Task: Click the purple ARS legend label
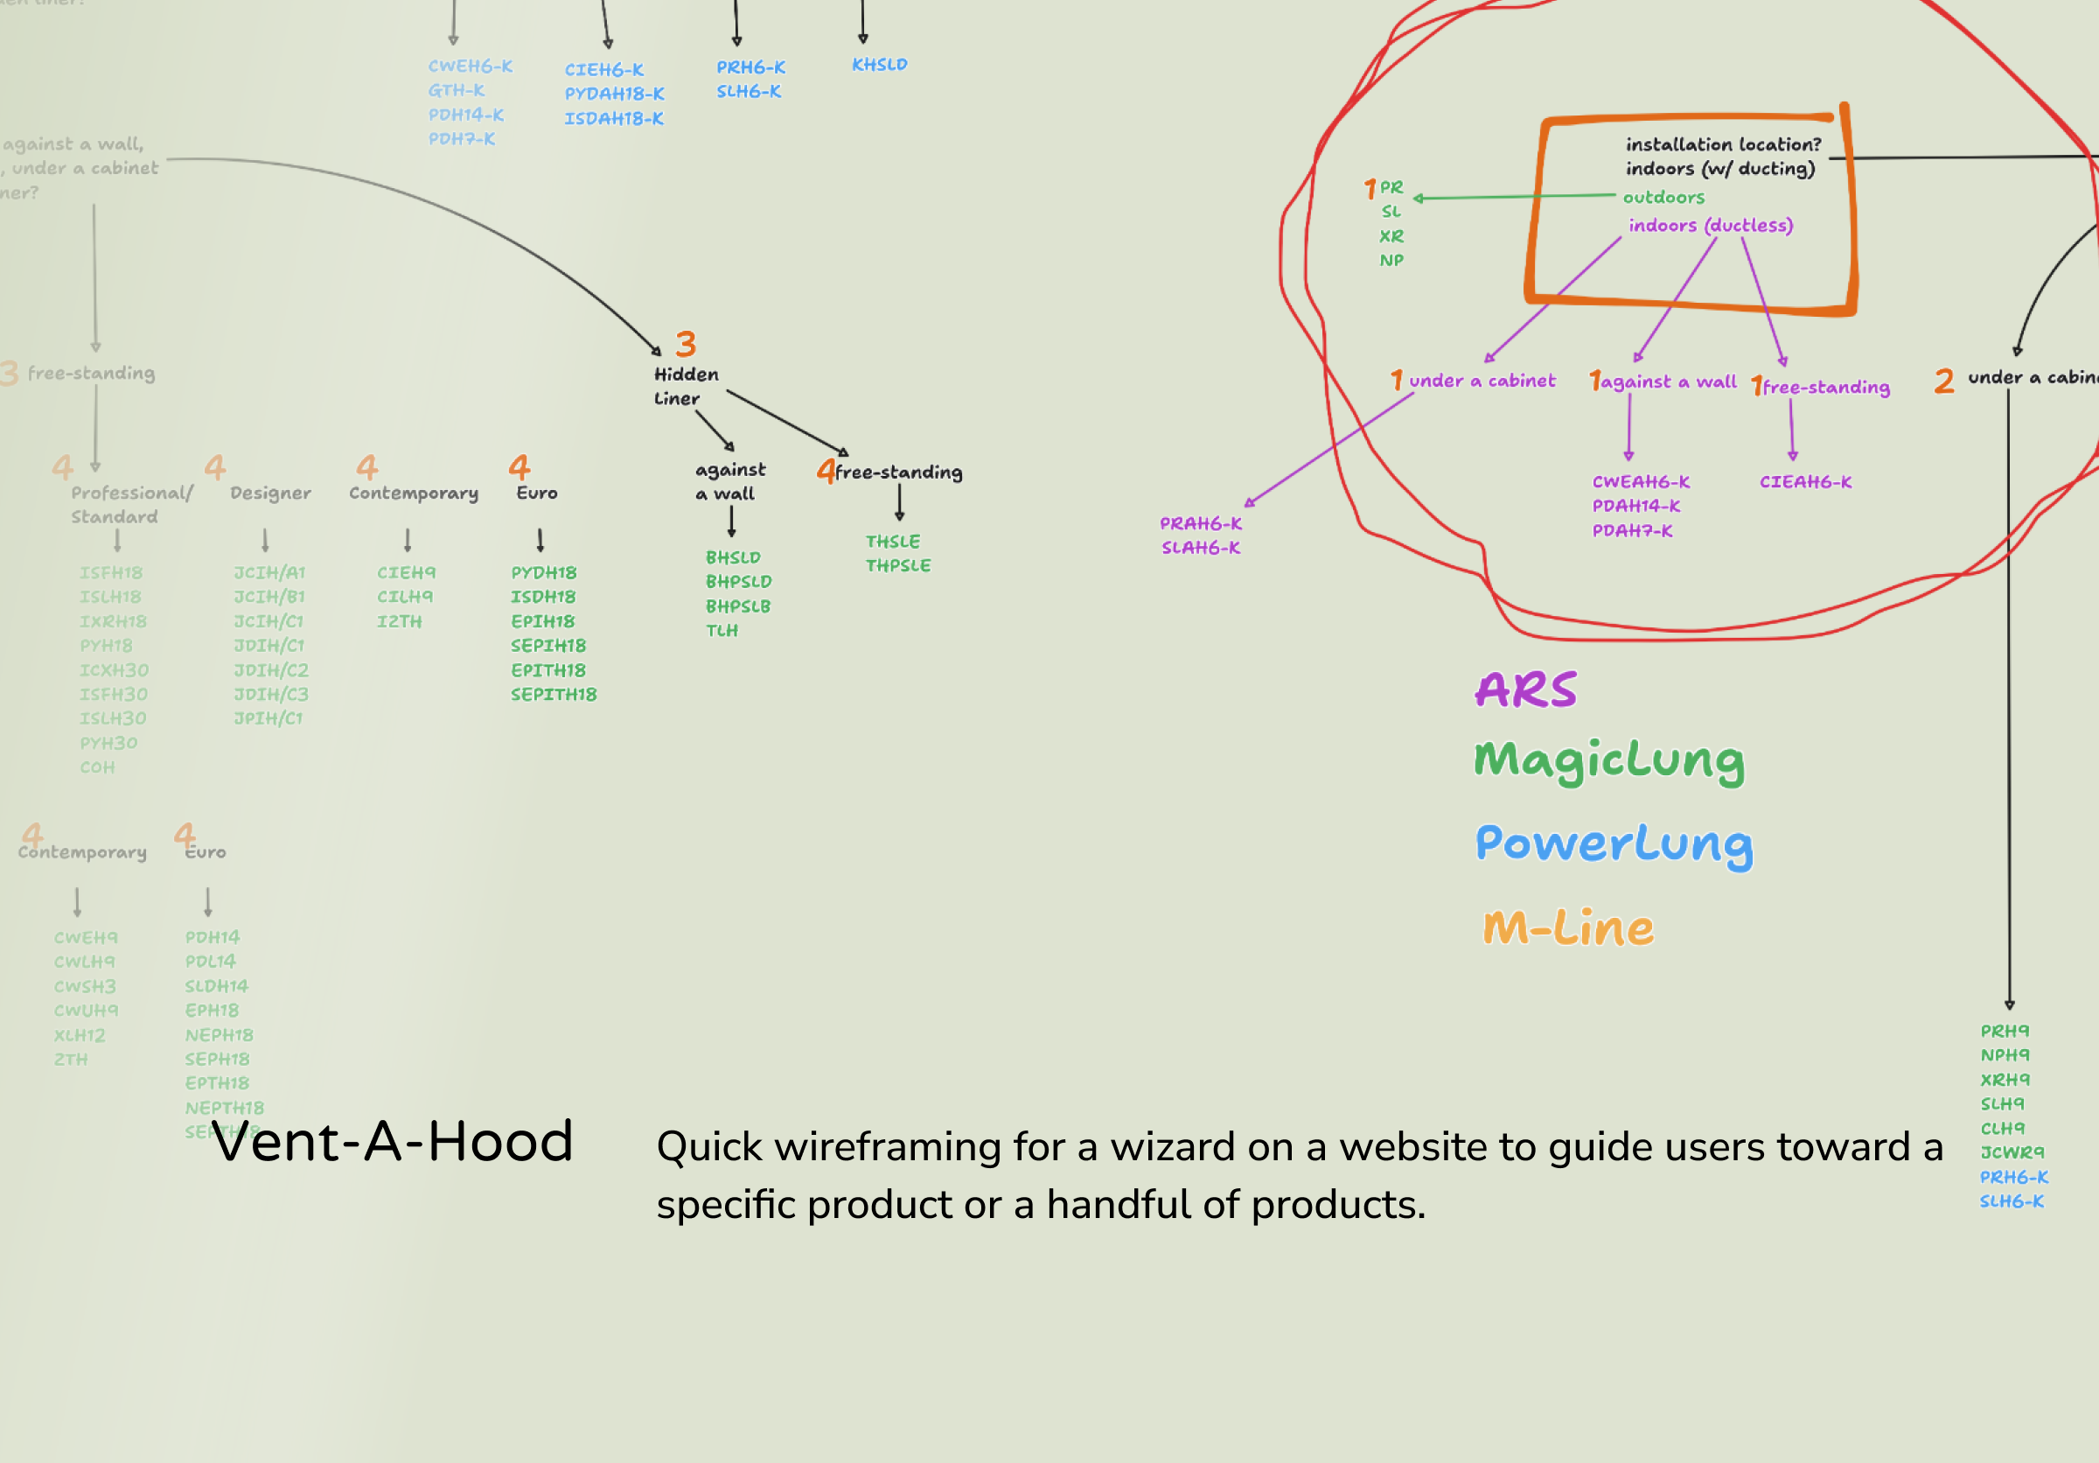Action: point(1526,689)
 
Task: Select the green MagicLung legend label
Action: point(1609,760)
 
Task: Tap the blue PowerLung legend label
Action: point(1614,843)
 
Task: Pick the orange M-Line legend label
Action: point(1568,927)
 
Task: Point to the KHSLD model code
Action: point(880,65)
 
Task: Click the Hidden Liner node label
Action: point(686,386)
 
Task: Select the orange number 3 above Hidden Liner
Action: point(686,344)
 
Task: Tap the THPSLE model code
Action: point(897,566)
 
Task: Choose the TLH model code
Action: point(722,631)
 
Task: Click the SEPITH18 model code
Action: point(553,695)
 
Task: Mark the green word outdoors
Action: point(1663,198)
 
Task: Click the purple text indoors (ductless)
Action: point(1711,226)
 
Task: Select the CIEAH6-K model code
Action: point(1805,482)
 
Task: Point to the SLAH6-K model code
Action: point(1200,548)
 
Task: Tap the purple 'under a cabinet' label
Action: point(1481,381)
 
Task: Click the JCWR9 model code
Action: point(2012,1152)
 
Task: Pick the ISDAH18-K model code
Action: point(613,119)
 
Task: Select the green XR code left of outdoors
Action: point(1391,236)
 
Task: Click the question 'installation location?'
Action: point(1723,144)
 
